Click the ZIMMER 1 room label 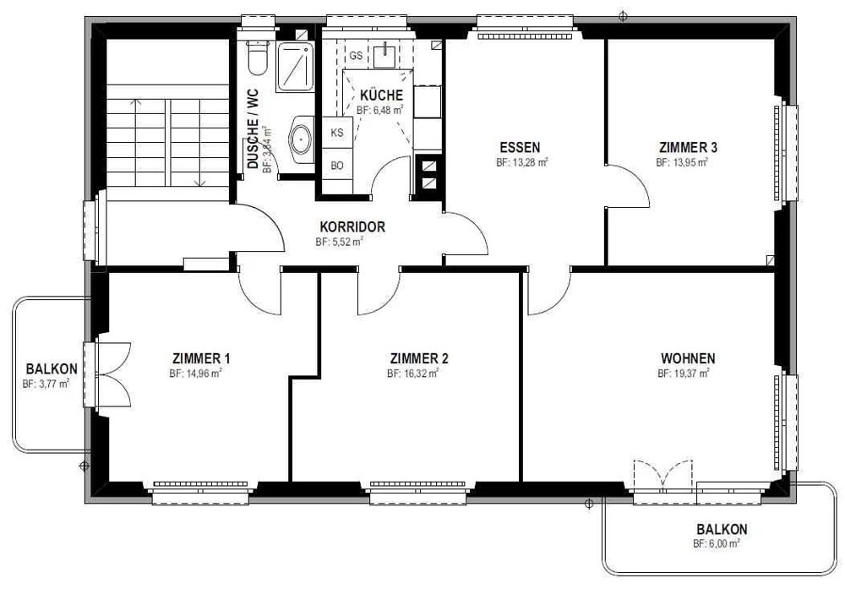click(x=202, y=358)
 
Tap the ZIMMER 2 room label click(x=419, y=358)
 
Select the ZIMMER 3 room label click(x=688, y=147)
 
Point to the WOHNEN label click(x=688, y=358)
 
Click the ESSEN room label click(x=520, y=147)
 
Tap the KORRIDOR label click(x=352, y=226)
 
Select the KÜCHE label click(x=382, y=95)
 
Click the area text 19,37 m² click(x=690, y=374)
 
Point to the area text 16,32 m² click(x=419, y=374)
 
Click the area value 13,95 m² click(x=688, y=162)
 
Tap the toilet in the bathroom click(x=257, y=57)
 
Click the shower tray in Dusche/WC click(x=295, y=67)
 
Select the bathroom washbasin click(x=301, y=139)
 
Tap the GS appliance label click(x=356, y=56)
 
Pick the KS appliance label click(x=337, y=133)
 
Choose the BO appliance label click(x=337, y=166)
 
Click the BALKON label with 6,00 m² click(x=722, y=529)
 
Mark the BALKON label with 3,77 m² click(x=52, y=369)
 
